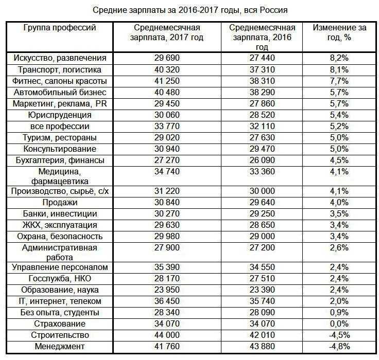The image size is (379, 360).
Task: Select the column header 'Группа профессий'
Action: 60,28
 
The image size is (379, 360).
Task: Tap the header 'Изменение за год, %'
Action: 339,32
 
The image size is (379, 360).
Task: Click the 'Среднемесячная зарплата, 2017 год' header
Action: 167,32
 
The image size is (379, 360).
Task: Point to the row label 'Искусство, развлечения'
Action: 60,58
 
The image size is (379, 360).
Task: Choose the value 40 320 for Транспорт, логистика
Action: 167,70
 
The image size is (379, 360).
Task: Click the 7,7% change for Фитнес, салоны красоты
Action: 339,81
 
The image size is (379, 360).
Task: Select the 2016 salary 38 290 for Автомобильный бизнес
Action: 262,93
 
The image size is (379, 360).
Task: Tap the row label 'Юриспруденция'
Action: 60,115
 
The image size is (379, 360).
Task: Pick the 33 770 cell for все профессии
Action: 167,127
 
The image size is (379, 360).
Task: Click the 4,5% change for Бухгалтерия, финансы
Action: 339,160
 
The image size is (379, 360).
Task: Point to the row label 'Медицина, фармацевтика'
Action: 60,176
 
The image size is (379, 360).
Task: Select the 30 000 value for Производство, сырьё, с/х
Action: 262,191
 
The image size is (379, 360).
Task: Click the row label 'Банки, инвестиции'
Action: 60,214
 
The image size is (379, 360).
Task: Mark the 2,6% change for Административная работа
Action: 339,248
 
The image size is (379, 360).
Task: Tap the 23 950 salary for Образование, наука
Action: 167,290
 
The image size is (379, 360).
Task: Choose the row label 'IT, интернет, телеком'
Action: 60,301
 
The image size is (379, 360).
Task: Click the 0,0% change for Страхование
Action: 339,324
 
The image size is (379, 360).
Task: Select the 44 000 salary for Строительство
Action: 167,335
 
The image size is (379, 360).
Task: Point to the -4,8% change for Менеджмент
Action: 339,347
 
